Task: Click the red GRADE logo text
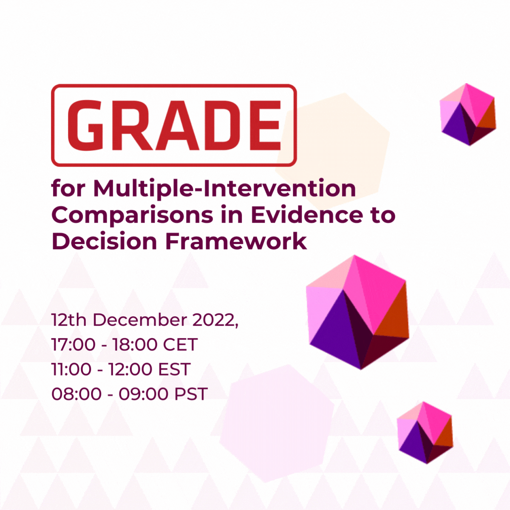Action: click(174, 125)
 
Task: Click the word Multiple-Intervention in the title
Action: click(224, 189)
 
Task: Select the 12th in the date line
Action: click(69, 320)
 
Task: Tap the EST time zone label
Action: click(173, 369)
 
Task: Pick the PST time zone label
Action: click(191, 394)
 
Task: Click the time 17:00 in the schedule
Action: click(73, 344)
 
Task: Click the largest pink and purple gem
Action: click(357, 312)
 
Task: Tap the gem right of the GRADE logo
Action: click(467, 114)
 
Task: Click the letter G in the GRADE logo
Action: click(86, 125)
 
